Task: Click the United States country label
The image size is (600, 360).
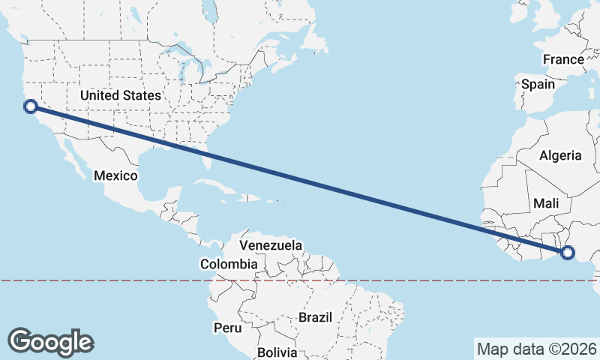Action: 121,95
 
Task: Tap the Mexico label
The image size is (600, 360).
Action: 115,175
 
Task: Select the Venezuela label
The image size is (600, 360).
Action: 271,245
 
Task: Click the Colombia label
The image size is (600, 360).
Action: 229,264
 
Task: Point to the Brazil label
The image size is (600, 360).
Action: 315,317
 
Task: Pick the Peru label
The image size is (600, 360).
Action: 227,328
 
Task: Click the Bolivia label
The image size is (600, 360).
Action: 277,352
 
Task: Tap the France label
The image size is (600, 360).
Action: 563,59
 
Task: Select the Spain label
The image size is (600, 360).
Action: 538,84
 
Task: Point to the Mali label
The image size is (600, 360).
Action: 546,203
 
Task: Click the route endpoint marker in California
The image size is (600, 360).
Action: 30,106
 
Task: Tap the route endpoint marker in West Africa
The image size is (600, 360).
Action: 567,253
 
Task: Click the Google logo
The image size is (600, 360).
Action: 51,341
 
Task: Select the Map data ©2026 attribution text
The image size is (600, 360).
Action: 536,349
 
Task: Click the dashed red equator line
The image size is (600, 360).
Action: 420,280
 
